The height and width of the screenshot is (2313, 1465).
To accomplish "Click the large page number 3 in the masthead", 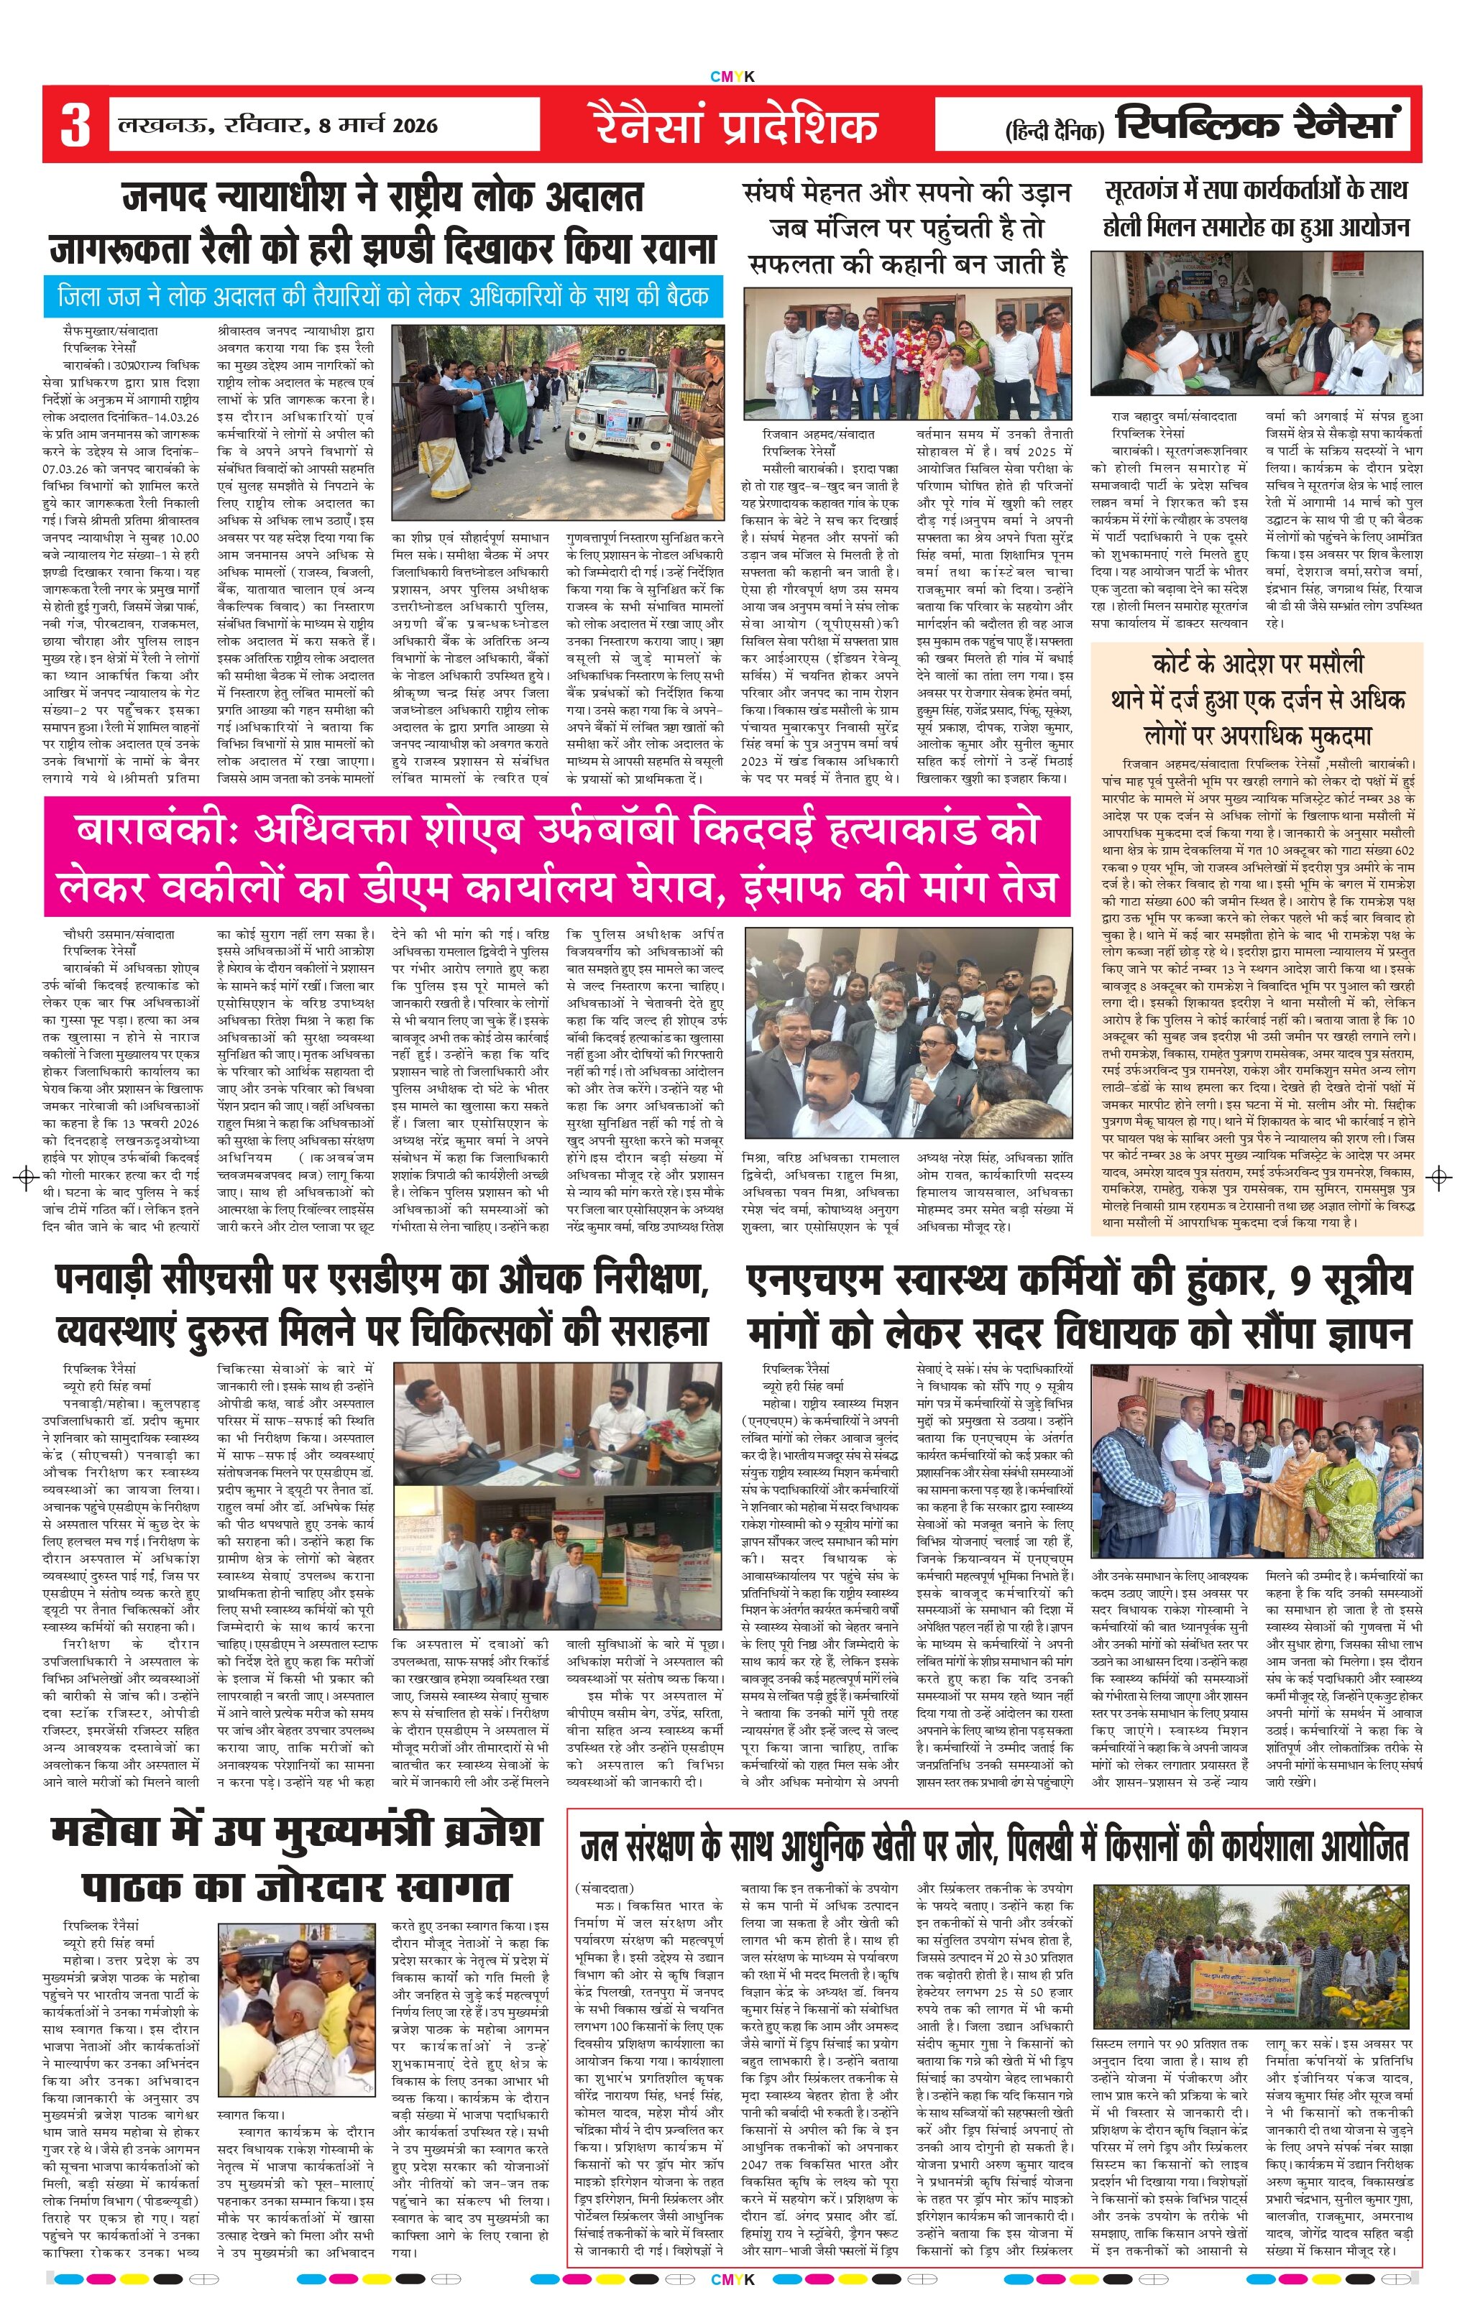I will coord(75,125).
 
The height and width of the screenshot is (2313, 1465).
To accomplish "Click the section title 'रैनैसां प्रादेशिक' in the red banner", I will coord(735,126).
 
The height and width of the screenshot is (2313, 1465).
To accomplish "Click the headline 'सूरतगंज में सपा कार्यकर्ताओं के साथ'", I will coord(1256,191).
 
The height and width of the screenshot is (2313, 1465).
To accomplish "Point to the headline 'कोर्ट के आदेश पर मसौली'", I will coord(1257,664).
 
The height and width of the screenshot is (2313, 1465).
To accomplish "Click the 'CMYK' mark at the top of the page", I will coord(732,77).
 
